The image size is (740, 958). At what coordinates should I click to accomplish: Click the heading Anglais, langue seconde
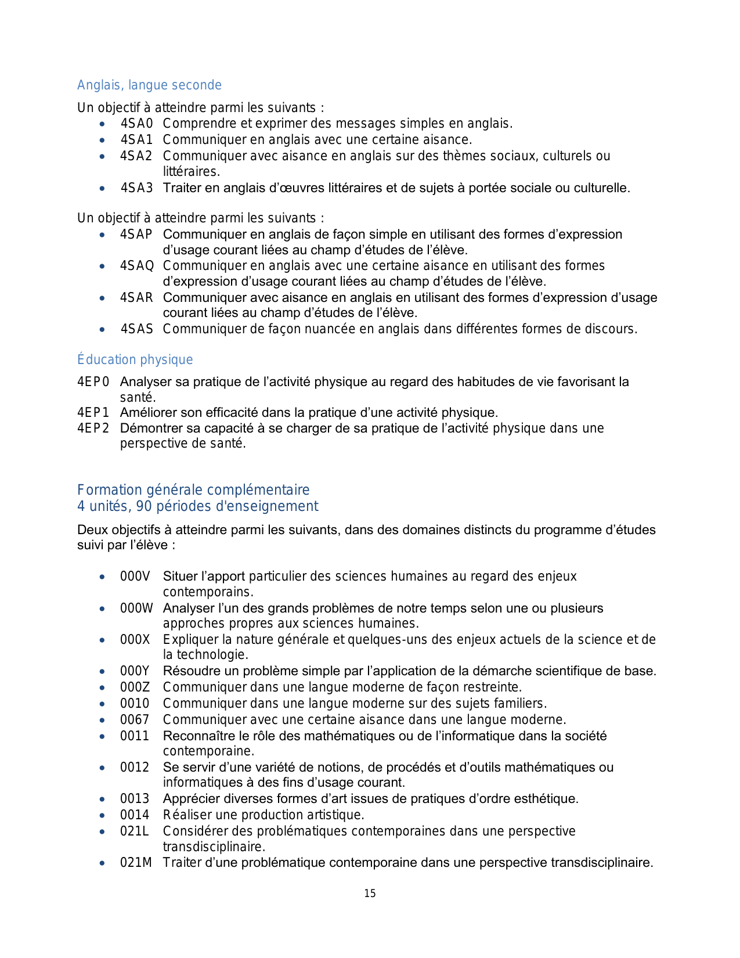coord(149,85)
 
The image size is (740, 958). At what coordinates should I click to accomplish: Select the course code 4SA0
coord(136,124)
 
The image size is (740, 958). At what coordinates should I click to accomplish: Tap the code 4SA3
coord(136,188)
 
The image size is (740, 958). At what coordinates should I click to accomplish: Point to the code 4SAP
coord(136,235)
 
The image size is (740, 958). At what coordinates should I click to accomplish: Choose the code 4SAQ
coord(137,266)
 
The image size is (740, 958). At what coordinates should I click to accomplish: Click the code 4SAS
coord(136,329)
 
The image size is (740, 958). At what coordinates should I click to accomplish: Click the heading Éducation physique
coord(135,360)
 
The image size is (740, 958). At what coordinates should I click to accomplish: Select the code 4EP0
coord(93,382)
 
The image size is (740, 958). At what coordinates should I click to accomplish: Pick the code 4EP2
coord(93,428)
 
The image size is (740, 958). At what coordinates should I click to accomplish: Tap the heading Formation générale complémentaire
coord(193,490)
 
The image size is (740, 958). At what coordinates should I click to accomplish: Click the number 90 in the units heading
coord(144,506)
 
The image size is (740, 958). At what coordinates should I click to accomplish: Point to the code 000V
coord(135,577)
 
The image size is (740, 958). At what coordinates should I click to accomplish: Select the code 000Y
coord(135,671)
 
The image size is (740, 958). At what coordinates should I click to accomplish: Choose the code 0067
coord(135,720)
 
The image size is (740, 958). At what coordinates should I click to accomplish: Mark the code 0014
coord(135,815)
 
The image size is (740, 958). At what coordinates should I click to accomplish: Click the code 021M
coord(136,863)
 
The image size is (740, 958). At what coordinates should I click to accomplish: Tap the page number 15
coord(370,894)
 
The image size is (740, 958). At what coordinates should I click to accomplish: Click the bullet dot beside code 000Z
coord(102,688)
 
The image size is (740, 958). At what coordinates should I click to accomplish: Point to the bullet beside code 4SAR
coord(102,298)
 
